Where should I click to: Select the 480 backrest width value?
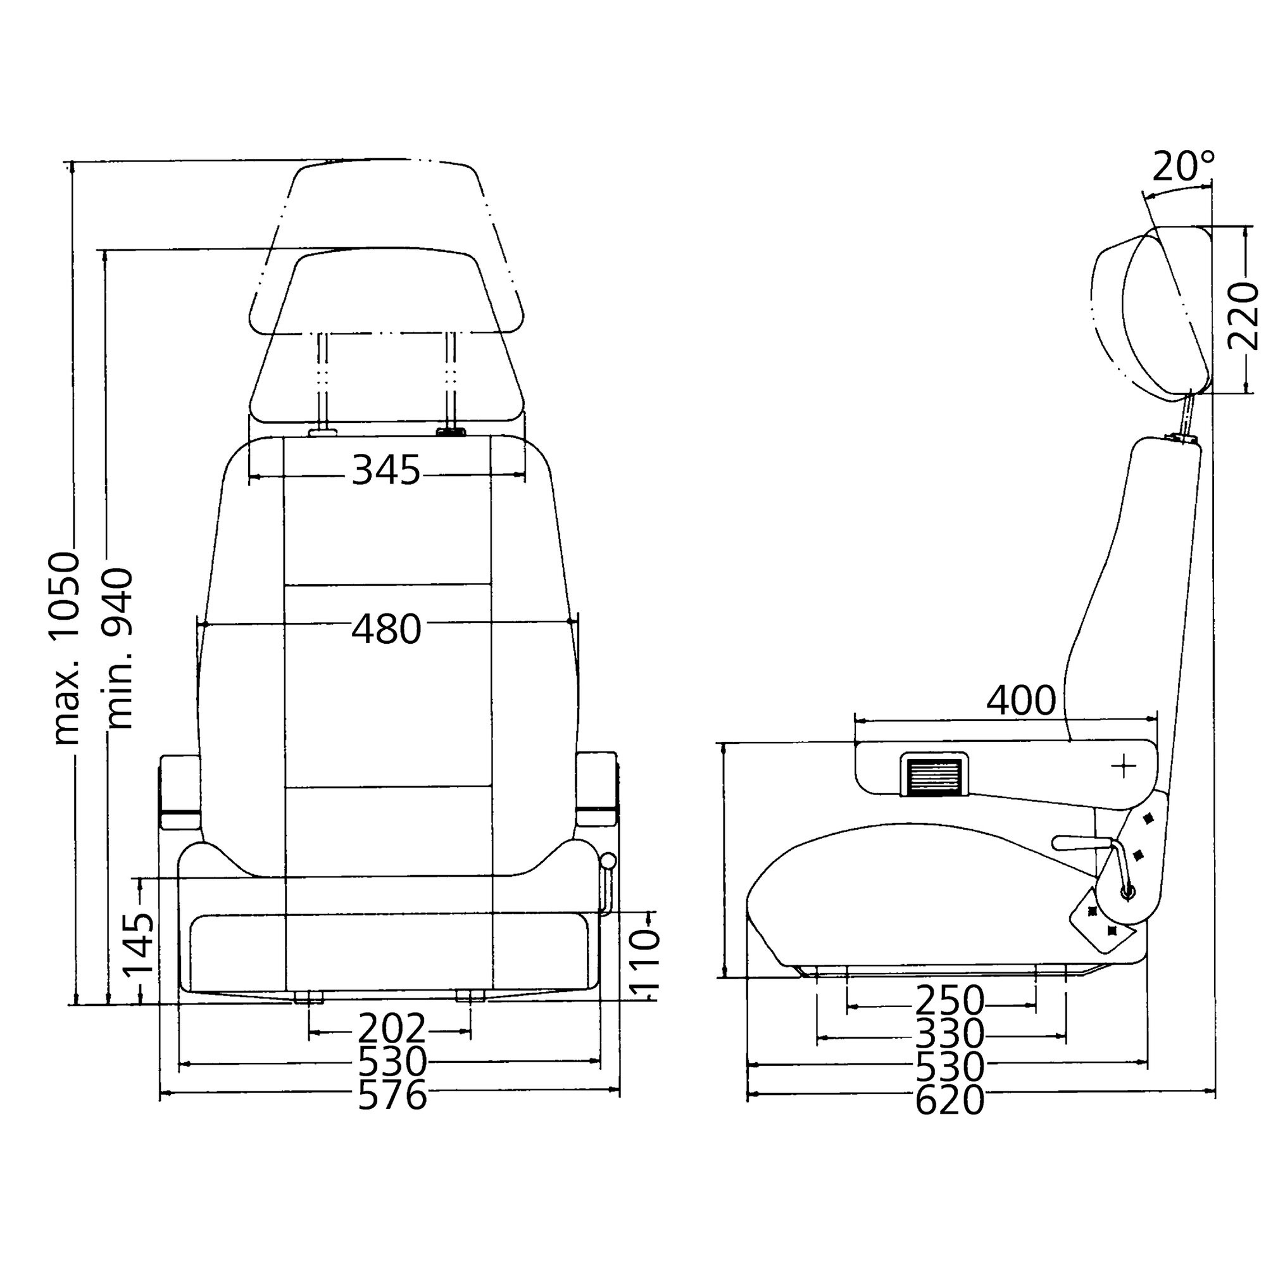[387, 629]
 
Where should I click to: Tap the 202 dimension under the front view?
[391, 1029]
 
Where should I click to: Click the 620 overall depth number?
[949, 1100]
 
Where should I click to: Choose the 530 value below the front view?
[392, 1062]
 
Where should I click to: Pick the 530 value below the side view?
[949, 1067]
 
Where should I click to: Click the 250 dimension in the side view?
[949, 1001]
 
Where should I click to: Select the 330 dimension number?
[949, 1034]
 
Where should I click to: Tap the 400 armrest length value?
[1021, 700]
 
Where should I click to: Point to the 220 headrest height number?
[1243, 316]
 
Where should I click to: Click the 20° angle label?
[1184, 166]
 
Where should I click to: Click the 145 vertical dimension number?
[139, 944]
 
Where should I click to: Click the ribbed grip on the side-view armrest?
[934, 774]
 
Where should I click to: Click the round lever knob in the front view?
[609, 860]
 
